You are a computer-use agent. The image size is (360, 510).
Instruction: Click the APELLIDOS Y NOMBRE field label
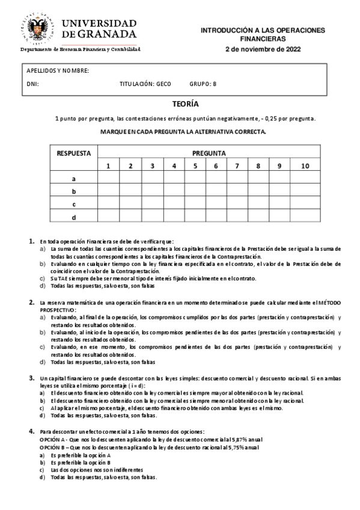click(58, 70)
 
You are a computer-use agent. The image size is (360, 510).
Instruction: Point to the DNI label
click(32, 84)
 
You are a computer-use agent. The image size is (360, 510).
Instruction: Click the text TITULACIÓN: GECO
click(145, 84)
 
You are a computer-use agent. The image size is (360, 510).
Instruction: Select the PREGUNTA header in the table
click(209, 153)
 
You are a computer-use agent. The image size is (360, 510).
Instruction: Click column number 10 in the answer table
click(305, 166)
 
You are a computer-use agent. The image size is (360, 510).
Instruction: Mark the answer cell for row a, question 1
click(108, 179)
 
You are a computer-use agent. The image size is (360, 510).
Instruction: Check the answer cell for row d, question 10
click(305, 217)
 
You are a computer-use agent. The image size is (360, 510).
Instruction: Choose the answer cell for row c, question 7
click(237, 204)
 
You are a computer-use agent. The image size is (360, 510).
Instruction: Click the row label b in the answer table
click(73, 191)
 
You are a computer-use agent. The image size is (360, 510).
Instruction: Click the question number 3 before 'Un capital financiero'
click(32, 378)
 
